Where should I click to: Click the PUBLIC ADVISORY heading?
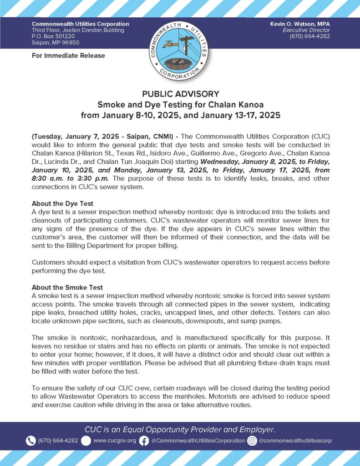coord(180,94)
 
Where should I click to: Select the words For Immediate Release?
coord(68,56)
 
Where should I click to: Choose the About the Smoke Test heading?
coord(67,287)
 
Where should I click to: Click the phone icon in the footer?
coord(31,441)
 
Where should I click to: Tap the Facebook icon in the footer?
coord(144,441)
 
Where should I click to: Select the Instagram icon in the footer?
coord(252,441)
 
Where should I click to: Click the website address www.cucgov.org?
coord(114,441)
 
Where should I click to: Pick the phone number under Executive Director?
coord(309,36)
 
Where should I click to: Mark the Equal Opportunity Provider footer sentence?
coord(180,429)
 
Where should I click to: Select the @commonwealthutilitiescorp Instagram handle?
coord(295,441)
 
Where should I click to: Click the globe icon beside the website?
coord(86,441)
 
